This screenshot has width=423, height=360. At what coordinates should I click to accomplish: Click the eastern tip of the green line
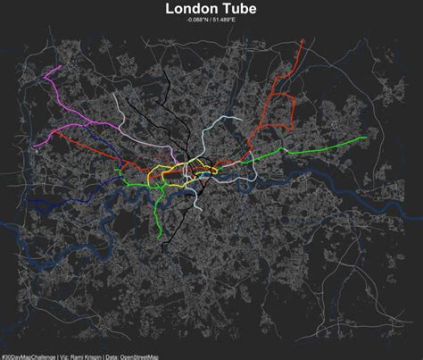(x=366, y=138)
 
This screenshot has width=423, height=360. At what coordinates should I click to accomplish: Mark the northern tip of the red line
(x=305, y=39)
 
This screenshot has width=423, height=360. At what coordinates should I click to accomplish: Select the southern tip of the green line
(x=161, y=239)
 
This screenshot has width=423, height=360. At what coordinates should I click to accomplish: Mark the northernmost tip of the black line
(x=123, y=101)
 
